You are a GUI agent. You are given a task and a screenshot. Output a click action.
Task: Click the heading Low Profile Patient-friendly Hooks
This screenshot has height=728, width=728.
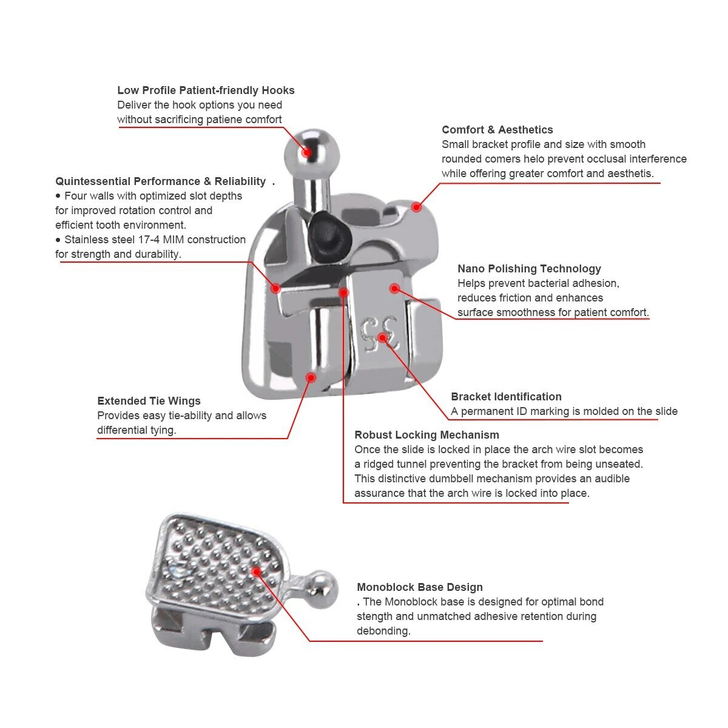click(x=206, y=90)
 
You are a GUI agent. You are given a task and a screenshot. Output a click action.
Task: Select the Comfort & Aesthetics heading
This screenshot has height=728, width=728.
click(x=497, y=130)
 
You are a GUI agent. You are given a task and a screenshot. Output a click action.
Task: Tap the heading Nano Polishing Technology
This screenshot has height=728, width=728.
click(x=529, y=269)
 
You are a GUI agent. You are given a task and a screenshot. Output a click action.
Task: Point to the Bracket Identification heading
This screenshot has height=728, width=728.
click(x=506, y=397)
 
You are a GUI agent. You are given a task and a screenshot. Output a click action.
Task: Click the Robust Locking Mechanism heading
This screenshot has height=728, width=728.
click(x=426, y=435)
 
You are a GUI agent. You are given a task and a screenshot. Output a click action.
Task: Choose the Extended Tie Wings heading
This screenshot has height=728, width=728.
click(x=149, y=401)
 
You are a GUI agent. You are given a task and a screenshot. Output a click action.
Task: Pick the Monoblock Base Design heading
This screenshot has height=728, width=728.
click(x=420, y=587)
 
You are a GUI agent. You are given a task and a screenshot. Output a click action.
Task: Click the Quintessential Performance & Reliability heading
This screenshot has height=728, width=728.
click(x=160, y=181)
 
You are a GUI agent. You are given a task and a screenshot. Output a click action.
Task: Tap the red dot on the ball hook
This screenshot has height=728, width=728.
click(x=308, y=152)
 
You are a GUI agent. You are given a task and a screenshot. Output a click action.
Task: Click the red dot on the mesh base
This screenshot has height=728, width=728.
click(x=257, y=571)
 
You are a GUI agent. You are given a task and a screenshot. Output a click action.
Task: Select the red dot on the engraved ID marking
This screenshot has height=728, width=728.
click(x=382, y=337)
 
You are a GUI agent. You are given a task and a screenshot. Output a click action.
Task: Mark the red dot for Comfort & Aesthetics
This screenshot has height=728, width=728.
click(x=416, y=207)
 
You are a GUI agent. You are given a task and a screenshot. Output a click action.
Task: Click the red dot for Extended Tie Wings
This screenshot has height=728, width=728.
click(x=311, y=377)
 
